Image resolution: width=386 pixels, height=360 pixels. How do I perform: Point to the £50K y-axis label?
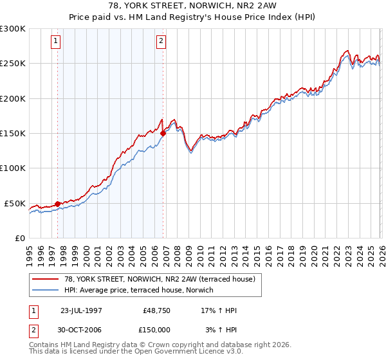tap(15, 203)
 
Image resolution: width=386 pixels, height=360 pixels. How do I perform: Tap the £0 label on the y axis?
tap(19, 238)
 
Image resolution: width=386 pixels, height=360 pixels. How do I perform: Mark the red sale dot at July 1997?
tap(58, 204)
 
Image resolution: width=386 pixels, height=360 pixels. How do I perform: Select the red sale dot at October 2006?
tap(163, 133)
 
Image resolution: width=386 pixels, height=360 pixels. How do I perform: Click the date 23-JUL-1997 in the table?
tap(81, 310)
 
